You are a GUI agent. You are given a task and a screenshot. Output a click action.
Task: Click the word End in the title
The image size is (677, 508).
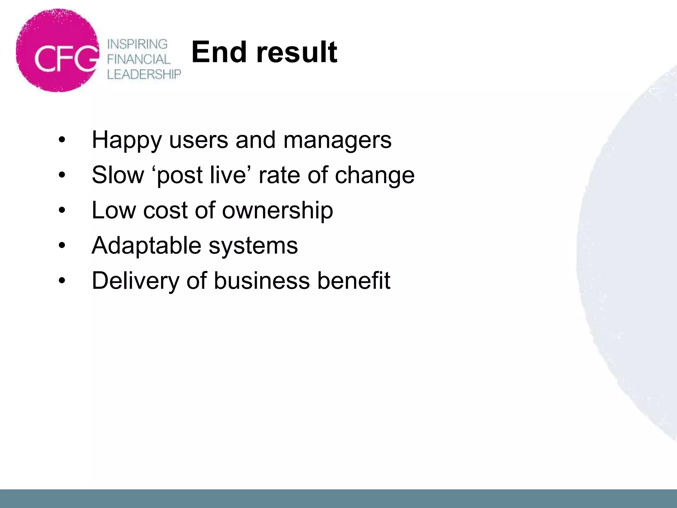[219, 52]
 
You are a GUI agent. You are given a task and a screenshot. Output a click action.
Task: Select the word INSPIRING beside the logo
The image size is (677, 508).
[138, 44]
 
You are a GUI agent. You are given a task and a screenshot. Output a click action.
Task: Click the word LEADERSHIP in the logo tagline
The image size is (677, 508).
[144, 74]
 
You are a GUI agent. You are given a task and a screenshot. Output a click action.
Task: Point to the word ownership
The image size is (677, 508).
[277, 211]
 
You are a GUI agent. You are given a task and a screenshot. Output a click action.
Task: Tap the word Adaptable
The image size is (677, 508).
[146, 246]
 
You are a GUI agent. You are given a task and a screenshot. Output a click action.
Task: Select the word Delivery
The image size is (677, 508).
[135, 281]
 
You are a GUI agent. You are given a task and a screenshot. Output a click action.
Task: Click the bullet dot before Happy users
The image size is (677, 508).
[62, 140]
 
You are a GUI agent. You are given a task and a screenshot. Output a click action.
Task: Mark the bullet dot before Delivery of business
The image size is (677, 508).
[62, 281]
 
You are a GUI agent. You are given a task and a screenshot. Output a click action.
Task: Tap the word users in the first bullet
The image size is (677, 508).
[198, 140]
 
